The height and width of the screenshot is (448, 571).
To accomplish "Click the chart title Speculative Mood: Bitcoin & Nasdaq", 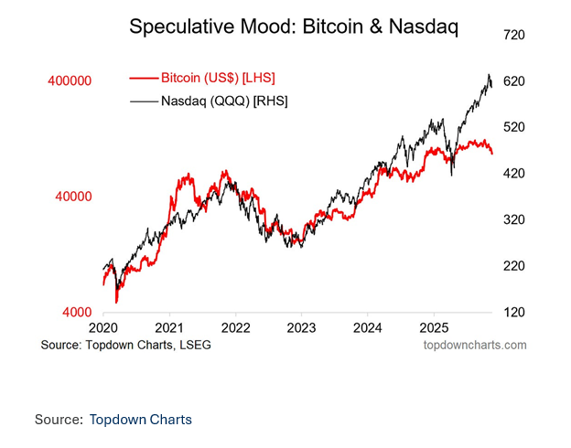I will coord(294,27).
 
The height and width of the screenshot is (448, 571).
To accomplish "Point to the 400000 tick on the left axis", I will coord(70,81).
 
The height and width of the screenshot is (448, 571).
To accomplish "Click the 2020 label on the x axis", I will coord(103,327).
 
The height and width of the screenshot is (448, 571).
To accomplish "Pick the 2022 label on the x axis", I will coord(236,327).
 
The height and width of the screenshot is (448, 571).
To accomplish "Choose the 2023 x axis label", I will coord(302,327).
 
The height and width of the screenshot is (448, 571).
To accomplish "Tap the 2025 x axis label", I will coord(435,327).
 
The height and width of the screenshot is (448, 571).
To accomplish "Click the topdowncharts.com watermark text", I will coord(475,345).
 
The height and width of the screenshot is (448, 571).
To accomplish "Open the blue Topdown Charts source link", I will coord(140,420).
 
